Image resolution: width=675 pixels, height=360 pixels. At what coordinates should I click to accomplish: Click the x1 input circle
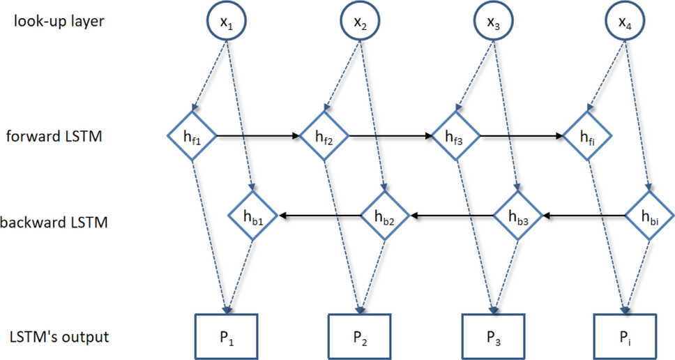226,22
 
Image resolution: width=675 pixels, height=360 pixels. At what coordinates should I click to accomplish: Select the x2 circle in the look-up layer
360,22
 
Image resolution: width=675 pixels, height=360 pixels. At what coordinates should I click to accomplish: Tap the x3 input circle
494,22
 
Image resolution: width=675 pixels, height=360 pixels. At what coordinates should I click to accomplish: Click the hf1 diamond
192,136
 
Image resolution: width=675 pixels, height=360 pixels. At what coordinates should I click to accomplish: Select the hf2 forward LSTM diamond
325,136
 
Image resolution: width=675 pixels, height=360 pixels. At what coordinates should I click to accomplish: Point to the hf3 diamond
457,136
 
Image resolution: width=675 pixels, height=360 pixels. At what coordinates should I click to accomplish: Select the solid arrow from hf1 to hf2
258,136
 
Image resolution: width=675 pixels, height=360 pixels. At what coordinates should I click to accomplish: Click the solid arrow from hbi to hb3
584,216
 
